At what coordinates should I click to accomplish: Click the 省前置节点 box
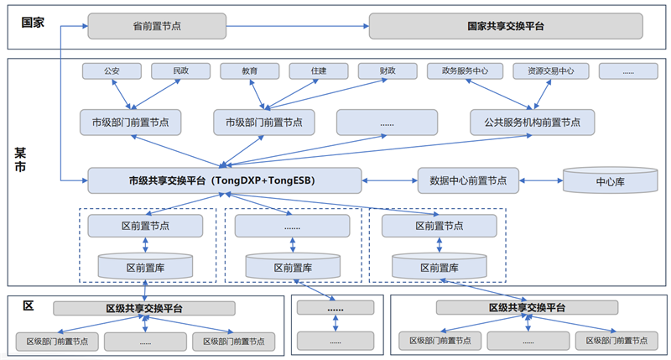coord(157,26)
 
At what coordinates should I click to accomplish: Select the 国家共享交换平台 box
coord(506,26)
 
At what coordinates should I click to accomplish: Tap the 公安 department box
coord(112,71)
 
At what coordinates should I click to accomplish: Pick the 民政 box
coord(180,71)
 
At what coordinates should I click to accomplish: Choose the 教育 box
coord(249,71)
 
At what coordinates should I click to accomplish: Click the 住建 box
coord(319,71)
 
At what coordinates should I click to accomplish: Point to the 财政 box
coord(388,71)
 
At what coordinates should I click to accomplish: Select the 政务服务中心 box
coord(465,71)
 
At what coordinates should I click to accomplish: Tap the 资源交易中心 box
coord(551,71)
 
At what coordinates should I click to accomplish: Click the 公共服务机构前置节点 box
coord(532,123)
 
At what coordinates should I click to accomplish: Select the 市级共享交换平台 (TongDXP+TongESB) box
coord(225,180)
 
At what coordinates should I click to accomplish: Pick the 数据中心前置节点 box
coord(468,180)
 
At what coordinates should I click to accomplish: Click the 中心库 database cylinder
coord(611,180)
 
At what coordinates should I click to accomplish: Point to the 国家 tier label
coord(33,23)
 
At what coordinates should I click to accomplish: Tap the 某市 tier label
coord(20,159)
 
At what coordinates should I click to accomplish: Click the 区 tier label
coord(29,305)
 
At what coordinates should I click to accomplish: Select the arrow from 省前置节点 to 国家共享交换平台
coord(298,26)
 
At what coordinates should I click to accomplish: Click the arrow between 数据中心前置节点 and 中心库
coord(541,180)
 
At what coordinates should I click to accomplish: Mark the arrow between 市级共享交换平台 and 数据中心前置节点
coord(389,180)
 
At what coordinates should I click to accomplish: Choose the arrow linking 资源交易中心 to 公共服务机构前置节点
coord(542,94)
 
